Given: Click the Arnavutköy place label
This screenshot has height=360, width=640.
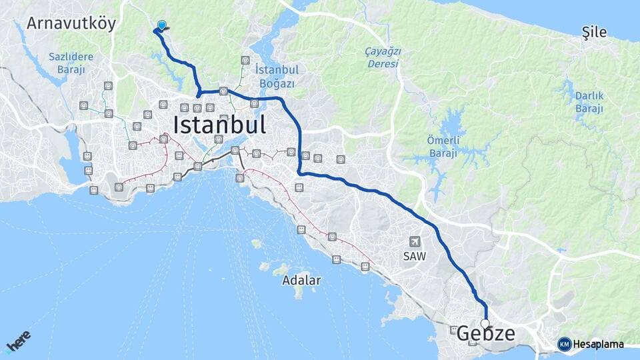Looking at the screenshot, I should point(71,23).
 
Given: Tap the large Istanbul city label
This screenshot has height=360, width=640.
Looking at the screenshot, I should point(219,125).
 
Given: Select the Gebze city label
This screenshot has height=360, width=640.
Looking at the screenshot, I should point(486,334).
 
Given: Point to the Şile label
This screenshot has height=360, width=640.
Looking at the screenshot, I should point(594,31).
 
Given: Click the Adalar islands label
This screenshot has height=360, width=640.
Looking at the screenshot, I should point(301,280).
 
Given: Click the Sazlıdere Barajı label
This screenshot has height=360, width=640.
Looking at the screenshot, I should point(71,63).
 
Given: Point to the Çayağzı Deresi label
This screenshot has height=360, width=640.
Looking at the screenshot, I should point(381,57).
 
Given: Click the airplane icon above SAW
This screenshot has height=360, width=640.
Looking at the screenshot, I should point(416,241).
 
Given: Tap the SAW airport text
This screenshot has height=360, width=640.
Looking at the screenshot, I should point(414,255).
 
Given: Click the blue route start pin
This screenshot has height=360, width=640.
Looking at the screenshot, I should point(161,26).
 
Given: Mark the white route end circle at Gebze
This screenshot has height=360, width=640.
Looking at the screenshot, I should point(485,324).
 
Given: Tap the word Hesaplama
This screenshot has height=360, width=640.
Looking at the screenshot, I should point(599,345).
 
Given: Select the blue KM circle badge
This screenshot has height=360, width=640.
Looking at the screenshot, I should point(565,345).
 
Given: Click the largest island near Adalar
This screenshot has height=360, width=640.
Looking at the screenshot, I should point(296,291).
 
